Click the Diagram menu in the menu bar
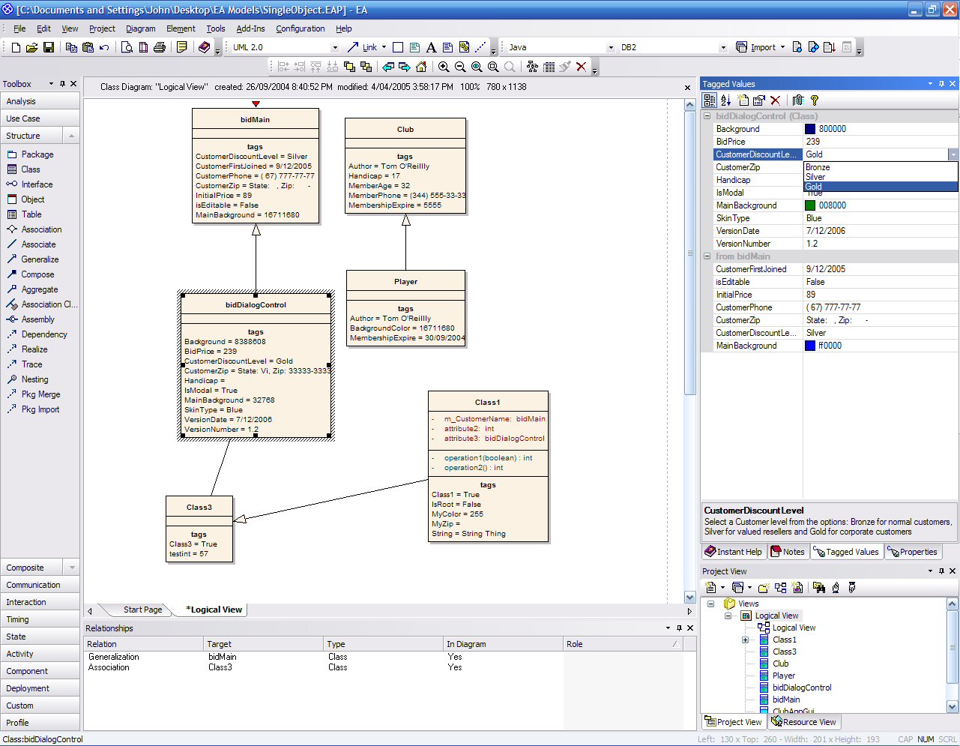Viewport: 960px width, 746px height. pyautogui.click(x=140, y=28)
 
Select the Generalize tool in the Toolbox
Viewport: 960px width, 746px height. pyautogui.click(x=40, y=259)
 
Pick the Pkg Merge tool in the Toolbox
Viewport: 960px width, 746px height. pyautogui.click(x=40, y=394)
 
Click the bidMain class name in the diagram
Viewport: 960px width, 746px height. pyautogui.click(x=255, y=119)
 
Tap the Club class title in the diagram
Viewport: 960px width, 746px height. pyautogui.click(x=405, y=129)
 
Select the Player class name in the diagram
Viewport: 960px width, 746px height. pyautogui.click(x=405, y=281)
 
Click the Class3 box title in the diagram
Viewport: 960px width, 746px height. pyautogui.click(x=199, y=507)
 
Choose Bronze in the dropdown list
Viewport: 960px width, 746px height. pyautogui.click(x=818, y=167)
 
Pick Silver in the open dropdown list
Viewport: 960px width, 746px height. pyautogui.click(x=815, y=177)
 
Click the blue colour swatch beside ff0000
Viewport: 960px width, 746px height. pyautogui.click(x=810, y=346)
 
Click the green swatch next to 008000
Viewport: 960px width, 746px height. pyautogui.click(x=810, y=205)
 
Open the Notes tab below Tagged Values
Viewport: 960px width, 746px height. pyautogui.click(x=788, y=552)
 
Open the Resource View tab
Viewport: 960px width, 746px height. pyautogui.click(x=803, y=722)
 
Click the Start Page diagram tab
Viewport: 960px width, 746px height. pyautogui.click(x=142, y=610)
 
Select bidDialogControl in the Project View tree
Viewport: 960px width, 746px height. pyautogui.click(x=802, y=688)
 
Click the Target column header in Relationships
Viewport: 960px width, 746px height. pyautogui.click(x=219, y=644)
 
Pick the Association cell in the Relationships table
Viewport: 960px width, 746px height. pyautogui.click(x=109, y=667)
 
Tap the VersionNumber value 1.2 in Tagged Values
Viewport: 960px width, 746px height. pyautogui.click(x=812, y=244)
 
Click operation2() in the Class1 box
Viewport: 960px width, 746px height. pyautogui.click(x=468, y=468)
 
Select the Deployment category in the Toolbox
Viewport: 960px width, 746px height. pyautogui.click(x=28, y=688)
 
